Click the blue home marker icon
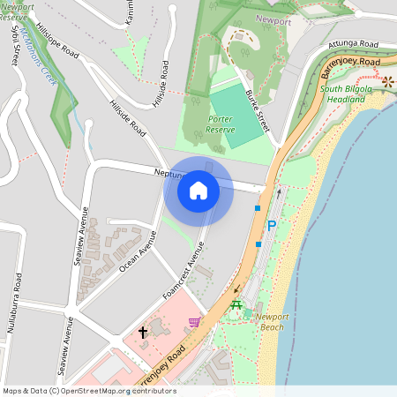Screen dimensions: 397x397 198,190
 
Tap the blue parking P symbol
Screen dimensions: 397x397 272,227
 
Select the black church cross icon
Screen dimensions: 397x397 143,333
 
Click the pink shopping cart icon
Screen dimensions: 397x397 194,323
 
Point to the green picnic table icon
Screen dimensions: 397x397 236,306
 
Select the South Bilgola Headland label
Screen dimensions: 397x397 343,94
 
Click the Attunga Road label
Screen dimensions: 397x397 352,43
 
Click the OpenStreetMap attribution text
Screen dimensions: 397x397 89,391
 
